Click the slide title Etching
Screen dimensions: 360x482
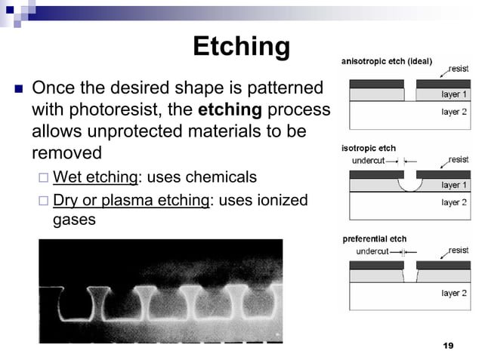click(241, 46)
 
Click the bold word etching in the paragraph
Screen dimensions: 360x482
click(230, 110)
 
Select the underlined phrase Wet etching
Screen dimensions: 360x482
click(94, 177)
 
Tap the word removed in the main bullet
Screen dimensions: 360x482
click(66, 153)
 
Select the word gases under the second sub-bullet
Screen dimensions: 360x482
click(74, 220)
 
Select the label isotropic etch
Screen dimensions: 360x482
click(369, 149)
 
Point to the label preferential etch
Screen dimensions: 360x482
click(375, 239)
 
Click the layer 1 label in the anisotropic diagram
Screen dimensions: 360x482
click(454, 95)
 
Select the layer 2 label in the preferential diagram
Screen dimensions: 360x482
click(454, 293)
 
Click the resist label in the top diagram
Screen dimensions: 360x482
click(459, 69)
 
